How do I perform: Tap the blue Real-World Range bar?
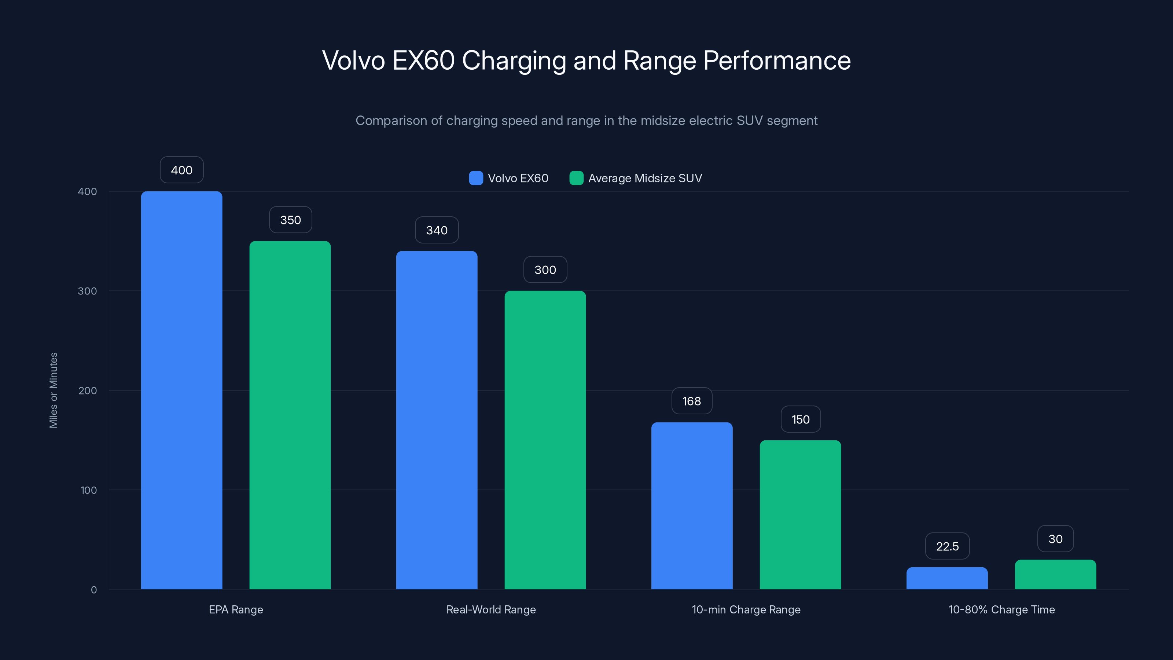(x=436, y=419)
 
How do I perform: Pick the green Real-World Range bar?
(x=545, y=440)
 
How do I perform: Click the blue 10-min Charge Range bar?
(x=692, y=506)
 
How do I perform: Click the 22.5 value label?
(x=947, y=546)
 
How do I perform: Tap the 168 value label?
(x=692, y=401)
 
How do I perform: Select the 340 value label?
(x=436, y=230)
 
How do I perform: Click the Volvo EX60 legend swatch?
(x=476, y=178)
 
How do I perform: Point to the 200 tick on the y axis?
(x=88, y=390)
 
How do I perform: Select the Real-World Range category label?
(x=491, y=609)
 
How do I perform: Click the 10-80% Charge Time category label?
(x=1001, y=609)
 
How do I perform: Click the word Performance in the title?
(x=776, y=60)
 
